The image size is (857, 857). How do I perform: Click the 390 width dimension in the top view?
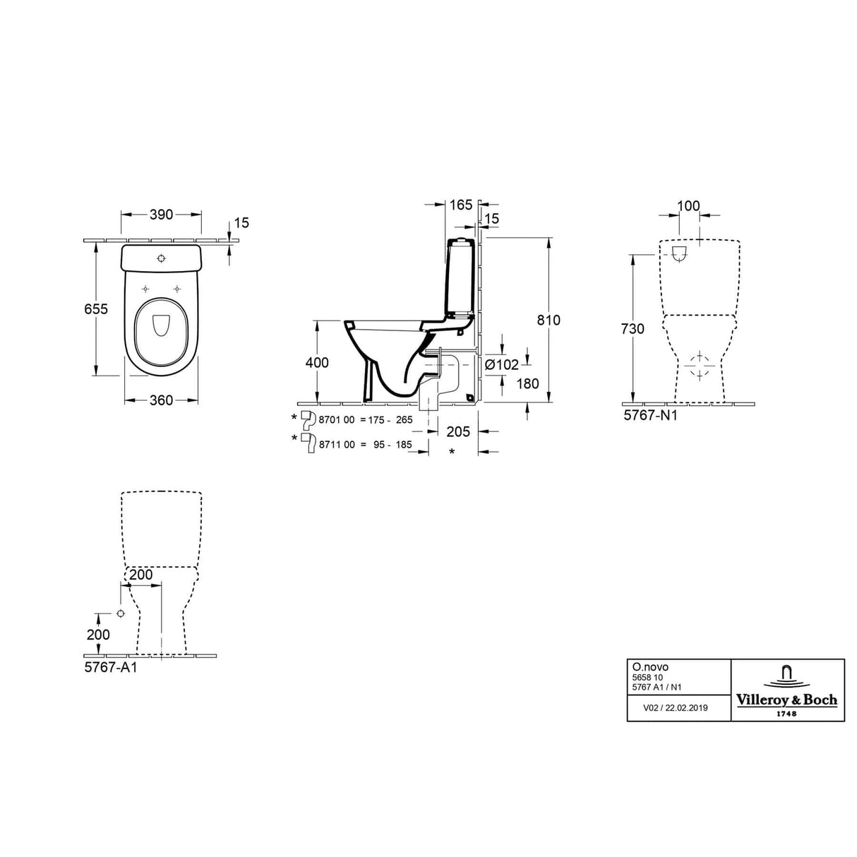click(162, 215)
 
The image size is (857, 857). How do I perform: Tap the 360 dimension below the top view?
click(161, 400)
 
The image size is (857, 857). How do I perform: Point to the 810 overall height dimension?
click(548, 320)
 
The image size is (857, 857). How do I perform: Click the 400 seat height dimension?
click(317, 363)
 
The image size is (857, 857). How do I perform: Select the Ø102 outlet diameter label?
click(501, 364)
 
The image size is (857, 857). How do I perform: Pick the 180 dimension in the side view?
click(527, 383)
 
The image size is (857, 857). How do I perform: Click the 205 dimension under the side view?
click(457, 431)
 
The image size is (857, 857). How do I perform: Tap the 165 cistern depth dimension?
click(460, 205)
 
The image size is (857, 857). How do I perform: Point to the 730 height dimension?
click(633, 328)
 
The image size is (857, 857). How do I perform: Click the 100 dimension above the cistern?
click(688, 206)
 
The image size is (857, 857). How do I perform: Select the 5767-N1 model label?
click(650, 416)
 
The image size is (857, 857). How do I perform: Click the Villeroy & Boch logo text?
click(787, 700)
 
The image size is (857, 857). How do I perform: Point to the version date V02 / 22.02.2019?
click(676, 707)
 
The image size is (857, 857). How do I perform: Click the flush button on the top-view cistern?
click(162, 258)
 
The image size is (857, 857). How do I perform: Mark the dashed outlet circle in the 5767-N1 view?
click(700, 364)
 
